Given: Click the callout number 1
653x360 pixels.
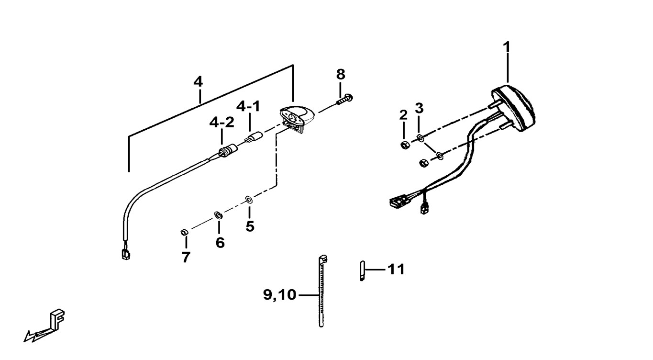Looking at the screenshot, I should tap(506, 47).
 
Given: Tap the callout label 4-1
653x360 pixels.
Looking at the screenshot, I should tap(249, 106).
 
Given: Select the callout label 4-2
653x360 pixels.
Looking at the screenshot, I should tap(222, 123).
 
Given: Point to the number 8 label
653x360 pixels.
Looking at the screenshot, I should tap(340, 74).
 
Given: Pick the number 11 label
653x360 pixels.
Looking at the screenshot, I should tap(396, 270).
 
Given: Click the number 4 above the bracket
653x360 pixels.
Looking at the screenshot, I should tap(198, 82).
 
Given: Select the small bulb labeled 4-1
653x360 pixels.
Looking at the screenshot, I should tap(253, 138).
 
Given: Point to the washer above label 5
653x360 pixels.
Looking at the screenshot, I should tap(249, 199).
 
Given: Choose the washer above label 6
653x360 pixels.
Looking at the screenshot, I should tap(218, 214).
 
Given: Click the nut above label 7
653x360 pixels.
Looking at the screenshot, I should tap(184, 233).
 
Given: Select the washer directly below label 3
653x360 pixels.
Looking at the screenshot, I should tap(420, 138).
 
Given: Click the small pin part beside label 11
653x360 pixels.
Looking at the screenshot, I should tap(362, 270).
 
